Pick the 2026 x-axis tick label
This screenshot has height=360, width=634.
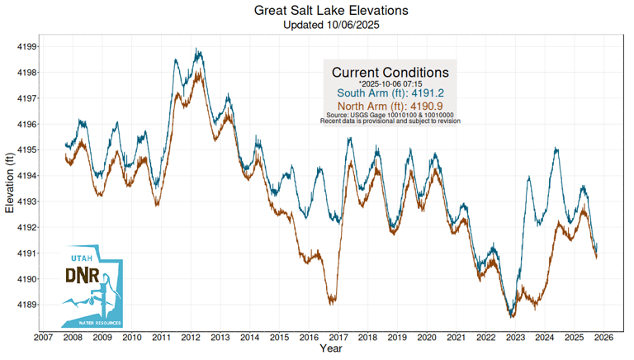coord(603,337)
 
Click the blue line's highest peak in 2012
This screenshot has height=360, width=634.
coord(196,50)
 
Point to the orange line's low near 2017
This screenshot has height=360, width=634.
coord(332,303)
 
